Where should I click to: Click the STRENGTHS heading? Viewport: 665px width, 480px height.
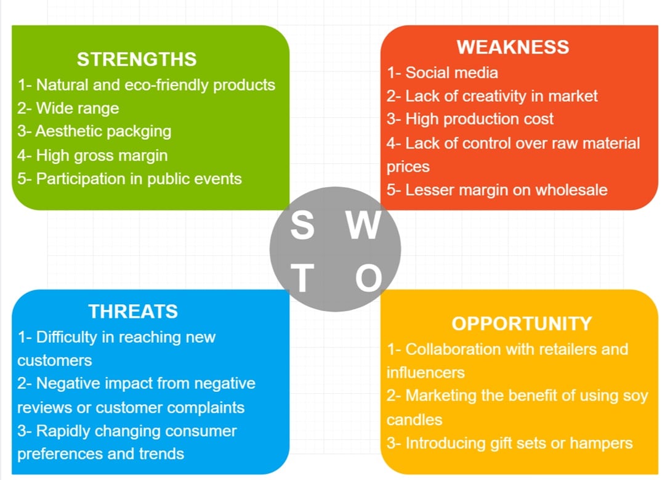pyautogui.click(x=137, y=59)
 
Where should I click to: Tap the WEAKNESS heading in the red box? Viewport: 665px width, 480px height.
pyautogui.click(x=513, y=47)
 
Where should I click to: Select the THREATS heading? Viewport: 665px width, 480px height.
pyautogui.click(x=133, y=311)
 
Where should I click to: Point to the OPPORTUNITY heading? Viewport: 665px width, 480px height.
pyautogui.click(x=522, y=323)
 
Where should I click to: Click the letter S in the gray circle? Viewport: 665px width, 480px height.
pyautogui.click(x=302, y=225)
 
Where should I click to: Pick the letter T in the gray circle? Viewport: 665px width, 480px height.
pyautogui.click(x=302, y=278)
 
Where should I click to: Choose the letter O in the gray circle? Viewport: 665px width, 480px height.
pyautogui.click(x=368, y=278)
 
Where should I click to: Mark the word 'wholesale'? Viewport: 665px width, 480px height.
pyautogui.click(x=571, y=190)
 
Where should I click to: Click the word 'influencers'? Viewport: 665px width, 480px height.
pyautogui.click(x=425, y=373)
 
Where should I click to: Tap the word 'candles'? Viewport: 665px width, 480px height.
pyautogui.click(x=414, y=420)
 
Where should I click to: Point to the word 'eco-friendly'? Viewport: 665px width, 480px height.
pyautogui.click(x=167, y=85)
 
